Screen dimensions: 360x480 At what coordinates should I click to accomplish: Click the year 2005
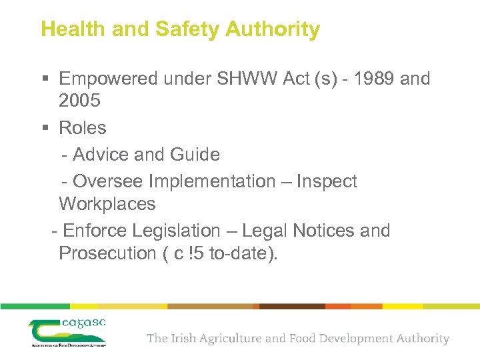point(79,101)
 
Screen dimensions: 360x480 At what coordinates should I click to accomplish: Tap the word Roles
point(83,127)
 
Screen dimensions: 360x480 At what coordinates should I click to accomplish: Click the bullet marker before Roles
point(45,128)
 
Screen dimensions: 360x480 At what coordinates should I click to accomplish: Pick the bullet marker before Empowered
point(45,79)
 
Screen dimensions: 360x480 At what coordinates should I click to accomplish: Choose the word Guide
point(195,155)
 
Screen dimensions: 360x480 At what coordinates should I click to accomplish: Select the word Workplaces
point(107,204)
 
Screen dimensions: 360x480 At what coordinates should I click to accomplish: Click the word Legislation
point(176,231)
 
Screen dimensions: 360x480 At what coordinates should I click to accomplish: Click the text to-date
point(239,253)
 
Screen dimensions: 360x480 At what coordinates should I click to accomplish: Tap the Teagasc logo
point(67,331)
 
